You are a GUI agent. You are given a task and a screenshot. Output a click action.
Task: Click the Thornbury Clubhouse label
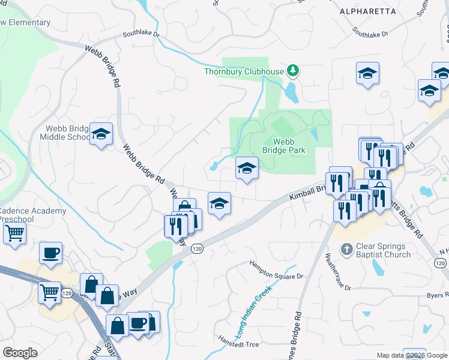coord(243,72)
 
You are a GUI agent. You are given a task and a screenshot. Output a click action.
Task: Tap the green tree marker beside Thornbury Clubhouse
coord(293,71)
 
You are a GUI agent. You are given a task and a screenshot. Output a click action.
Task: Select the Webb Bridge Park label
coord(289,146)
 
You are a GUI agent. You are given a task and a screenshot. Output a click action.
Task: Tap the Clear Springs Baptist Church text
coord(384,250)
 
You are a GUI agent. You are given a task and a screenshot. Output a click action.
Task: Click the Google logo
coord(20,353)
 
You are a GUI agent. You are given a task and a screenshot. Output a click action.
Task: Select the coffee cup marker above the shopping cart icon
coord(50,252)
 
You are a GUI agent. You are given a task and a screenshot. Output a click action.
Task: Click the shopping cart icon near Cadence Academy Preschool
coord(14,233)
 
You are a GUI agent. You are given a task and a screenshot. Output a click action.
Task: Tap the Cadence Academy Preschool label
coord(32,215)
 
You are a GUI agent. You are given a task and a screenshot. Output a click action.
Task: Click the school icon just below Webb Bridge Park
coord(246,169)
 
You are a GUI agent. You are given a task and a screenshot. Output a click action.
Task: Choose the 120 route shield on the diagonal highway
coord(196,248)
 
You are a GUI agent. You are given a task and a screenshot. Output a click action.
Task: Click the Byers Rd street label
coord(436,295)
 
